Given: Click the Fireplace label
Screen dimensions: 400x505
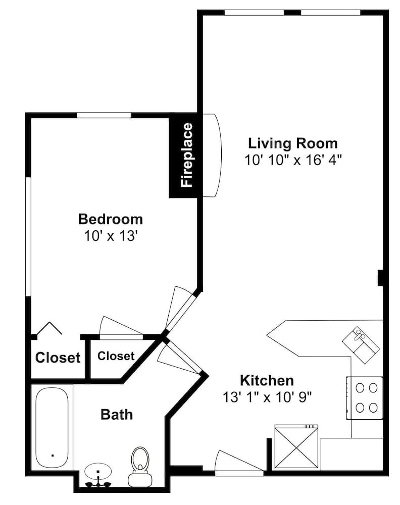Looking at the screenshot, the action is [187, 155].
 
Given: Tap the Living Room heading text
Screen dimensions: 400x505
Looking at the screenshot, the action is [293, 143].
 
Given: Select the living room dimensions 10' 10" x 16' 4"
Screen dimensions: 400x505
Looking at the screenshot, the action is [293, 160].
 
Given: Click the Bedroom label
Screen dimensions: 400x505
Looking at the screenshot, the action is [111, 219].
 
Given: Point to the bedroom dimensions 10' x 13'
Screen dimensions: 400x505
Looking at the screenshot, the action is [111, 236].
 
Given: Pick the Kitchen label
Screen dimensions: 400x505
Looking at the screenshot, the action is [267, 381].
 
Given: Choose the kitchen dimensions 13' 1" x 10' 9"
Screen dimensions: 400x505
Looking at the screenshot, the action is [267, 397].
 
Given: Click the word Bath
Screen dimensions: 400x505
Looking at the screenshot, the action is [117, 415].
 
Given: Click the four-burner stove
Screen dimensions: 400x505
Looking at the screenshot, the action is [365, 398].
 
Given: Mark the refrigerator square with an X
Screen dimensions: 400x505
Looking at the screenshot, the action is [296, 446].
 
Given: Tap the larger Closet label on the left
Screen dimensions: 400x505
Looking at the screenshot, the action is [58, 358].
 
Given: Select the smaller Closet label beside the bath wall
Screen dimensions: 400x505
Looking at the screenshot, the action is [116, 356].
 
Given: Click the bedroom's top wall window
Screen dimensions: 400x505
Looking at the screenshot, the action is [104, 115].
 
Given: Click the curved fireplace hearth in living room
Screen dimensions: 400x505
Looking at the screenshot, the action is [213, 155].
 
